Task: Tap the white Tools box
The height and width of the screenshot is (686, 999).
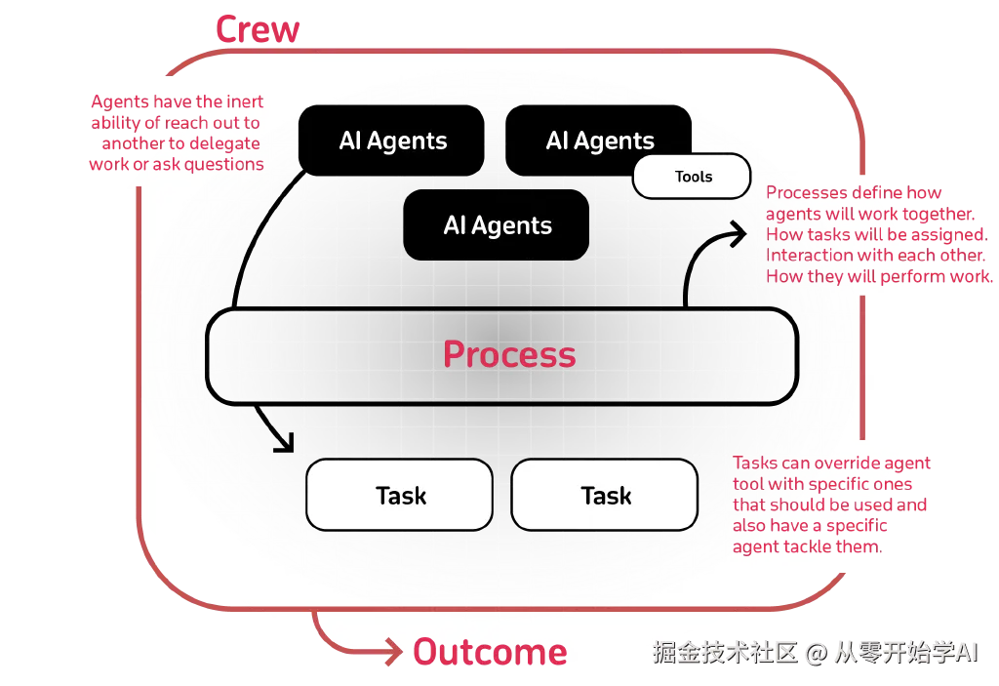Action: [693, 177]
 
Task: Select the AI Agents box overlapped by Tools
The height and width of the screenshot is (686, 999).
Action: [597, 139]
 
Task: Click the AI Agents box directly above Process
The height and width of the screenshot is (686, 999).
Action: [497, 225]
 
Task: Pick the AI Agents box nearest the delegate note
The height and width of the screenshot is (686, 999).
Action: [392, 141]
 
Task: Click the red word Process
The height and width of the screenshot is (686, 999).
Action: [508, 354]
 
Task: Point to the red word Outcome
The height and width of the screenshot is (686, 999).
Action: [490, 652]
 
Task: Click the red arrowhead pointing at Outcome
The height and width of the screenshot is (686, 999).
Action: [393, 651]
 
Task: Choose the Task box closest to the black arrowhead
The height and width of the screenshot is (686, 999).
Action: [400, 496]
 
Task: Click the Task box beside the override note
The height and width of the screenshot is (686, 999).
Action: [605, 496]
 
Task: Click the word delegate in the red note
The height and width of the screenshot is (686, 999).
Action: [226, 143]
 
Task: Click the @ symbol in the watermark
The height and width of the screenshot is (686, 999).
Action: [815, 652]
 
